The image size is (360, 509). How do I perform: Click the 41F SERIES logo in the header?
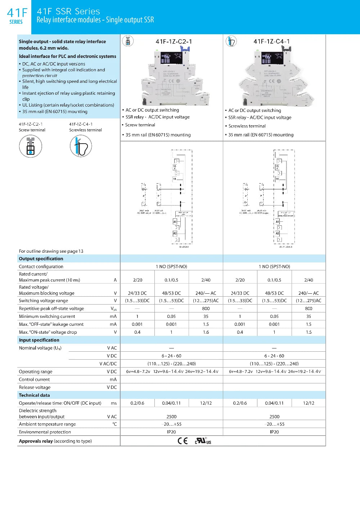[17, 16]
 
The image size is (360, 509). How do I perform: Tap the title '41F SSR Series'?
[68, 12]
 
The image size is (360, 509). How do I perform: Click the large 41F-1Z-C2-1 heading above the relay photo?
[174, 41]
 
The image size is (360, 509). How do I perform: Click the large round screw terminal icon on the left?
[31, 146]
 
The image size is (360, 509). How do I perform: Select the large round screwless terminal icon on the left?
[81, 146]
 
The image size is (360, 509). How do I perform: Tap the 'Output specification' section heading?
[41, 258]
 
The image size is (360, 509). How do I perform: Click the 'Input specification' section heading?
[39, 340]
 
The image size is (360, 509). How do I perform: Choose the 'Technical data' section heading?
[34, 395]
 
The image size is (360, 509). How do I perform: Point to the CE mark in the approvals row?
[183, 441]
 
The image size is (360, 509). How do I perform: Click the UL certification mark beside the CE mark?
[203, 441]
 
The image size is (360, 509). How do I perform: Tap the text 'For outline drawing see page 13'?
[51, 251]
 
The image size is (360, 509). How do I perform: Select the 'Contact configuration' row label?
[41, 266]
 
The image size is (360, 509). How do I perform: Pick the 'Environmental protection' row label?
[45, 432]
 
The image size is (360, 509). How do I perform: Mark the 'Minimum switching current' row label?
[47, 316]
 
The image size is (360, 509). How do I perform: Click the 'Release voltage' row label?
[35, 387]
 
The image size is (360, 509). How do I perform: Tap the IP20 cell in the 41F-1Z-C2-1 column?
[171, 432]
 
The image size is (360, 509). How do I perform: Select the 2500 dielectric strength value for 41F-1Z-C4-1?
[274, 416]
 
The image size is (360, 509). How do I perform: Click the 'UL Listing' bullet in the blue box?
[68, 105]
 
